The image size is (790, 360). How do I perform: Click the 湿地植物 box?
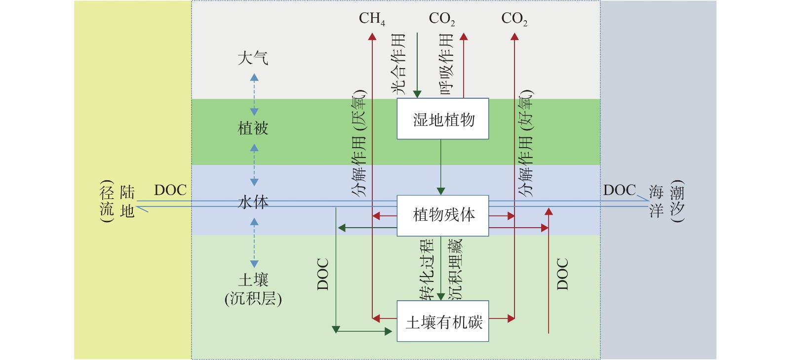click(443, 119)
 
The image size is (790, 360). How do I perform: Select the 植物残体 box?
click(443, 215)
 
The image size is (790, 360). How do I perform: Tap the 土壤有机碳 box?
click(443, 321)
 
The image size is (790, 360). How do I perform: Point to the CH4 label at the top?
click(372, 19)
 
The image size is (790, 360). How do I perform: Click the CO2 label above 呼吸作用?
click(441, 19)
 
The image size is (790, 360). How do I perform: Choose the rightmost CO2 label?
click(514, 19)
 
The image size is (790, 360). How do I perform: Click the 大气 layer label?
click(253, 58)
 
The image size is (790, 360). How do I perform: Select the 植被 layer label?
click(253, 128)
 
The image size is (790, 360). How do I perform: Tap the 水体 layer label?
click(253, 202)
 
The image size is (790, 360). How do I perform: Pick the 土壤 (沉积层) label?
click(253, 289)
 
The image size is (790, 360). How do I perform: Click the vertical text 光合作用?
click(398, 64)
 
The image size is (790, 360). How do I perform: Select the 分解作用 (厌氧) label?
click(359, 144)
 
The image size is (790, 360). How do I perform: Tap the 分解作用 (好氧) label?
click(526, 144)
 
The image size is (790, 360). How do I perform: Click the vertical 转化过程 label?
click(427, 270)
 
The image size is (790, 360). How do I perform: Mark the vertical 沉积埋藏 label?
click(455, 270)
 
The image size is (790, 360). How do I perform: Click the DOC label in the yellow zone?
click(170, 191)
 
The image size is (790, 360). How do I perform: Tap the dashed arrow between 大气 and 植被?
click(254, 94)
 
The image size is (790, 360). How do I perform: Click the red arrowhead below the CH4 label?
click(372, 37)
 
